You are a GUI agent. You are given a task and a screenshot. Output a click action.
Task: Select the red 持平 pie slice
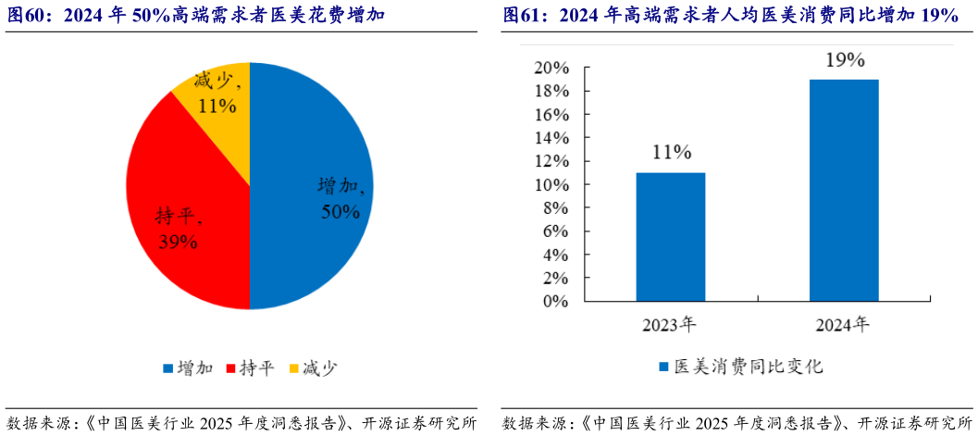185,204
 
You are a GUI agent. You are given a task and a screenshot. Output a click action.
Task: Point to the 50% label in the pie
340,212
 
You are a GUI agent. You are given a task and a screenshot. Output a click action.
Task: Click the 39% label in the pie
177,243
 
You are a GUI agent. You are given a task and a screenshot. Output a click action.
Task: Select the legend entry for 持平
248,368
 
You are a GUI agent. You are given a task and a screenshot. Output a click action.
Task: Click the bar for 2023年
671,237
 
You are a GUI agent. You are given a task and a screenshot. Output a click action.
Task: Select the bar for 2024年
843,191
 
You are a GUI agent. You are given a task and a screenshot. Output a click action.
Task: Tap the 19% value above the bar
843,60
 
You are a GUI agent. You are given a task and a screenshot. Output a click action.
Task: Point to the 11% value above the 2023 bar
671,152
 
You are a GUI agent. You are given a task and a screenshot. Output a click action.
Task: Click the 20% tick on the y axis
551,69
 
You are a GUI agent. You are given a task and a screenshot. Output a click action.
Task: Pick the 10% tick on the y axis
551,185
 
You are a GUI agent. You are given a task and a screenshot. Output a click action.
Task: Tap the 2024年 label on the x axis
843,324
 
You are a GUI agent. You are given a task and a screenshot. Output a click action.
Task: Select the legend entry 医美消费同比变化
740,367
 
